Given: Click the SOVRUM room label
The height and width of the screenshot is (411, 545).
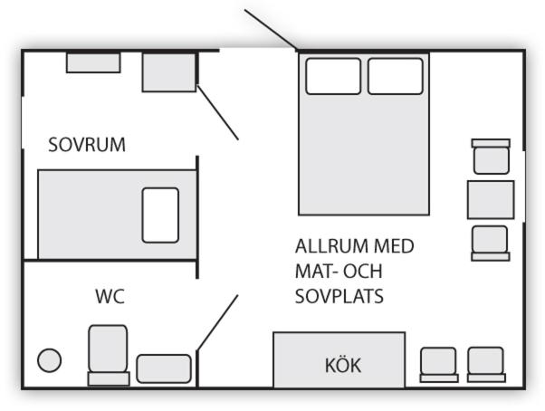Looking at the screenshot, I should (86, 145).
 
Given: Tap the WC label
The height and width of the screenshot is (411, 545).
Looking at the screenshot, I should (110, 296).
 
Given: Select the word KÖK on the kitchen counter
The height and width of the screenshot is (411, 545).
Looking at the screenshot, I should (343, 366).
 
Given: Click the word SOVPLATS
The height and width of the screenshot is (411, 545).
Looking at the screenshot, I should (339, 296).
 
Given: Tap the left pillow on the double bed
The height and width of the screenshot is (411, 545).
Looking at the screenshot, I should (333, 76).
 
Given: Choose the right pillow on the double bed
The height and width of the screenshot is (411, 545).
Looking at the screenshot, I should (395, 76).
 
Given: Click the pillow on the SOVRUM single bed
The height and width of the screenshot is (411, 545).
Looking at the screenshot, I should (160, 215).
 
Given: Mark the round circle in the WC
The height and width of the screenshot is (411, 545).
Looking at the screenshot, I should (49, 360).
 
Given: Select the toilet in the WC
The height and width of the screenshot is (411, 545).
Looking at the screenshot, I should (108, 354).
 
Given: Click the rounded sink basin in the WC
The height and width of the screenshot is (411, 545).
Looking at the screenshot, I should (164, 368).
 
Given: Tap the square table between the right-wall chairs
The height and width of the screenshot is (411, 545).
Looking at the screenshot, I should (490, 199).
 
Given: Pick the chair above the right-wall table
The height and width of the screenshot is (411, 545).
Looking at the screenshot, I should (491, 158).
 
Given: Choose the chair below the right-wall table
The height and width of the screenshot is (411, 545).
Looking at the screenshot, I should (491, 243).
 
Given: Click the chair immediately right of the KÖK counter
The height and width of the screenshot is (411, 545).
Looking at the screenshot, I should (439, 364).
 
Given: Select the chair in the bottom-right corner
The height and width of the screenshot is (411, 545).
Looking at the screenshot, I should (485, 364).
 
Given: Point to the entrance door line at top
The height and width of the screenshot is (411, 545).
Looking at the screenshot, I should (272, 29).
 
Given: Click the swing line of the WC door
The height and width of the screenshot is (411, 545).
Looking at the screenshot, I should (217, 322).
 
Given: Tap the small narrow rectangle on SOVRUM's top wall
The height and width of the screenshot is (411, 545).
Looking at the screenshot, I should (92, 62).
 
